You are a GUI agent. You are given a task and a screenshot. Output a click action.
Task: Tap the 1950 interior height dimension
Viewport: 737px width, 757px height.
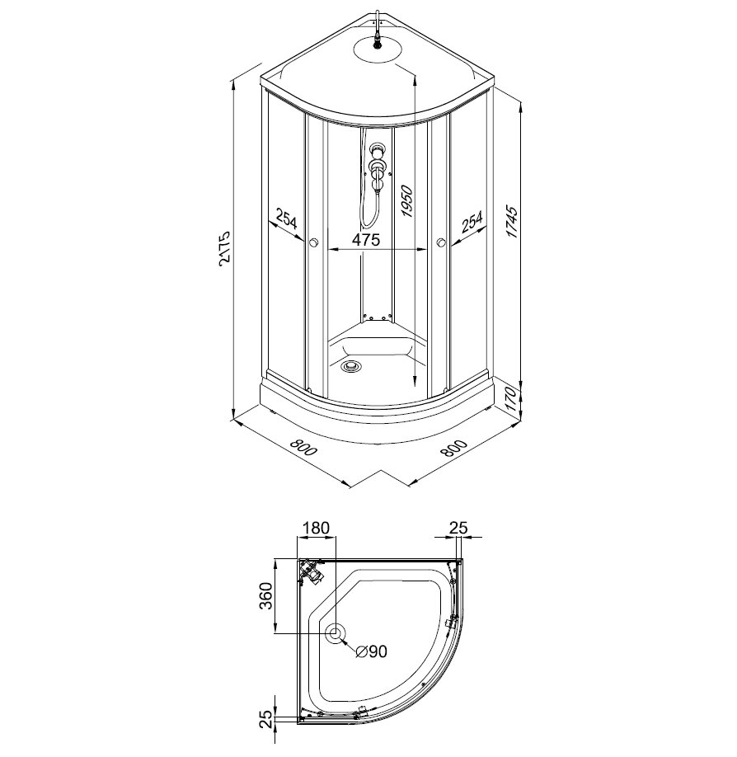[406, 201]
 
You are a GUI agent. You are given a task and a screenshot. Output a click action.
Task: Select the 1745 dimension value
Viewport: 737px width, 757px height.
[512, 222]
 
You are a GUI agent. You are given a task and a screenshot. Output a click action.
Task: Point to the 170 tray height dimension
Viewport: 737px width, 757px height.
[513, 398]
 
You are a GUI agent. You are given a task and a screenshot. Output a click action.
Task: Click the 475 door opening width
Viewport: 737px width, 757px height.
[366, 239]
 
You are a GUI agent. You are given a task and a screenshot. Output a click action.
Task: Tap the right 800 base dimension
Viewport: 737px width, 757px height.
[453, 449]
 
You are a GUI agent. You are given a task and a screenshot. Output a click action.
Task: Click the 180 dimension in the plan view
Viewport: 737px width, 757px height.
[315, 528]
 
